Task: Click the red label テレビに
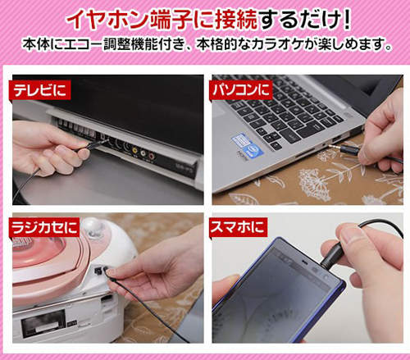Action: coord(40,90)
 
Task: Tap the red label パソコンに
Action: coord(241,90)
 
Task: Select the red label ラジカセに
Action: coord(44,227)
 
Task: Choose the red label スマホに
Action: coord(238,227)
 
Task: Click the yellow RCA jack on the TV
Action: coord(134,149)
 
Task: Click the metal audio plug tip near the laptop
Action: coord(334,147)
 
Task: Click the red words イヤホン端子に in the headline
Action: coord(162,20)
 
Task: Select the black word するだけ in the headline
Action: coord(299,20)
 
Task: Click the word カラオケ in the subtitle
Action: coord(276,44)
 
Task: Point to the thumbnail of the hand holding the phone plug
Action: coord(307,278)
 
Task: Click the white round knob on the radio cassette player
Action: coord(93,226)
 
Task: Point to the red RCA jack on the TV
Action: coord(152,156)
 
